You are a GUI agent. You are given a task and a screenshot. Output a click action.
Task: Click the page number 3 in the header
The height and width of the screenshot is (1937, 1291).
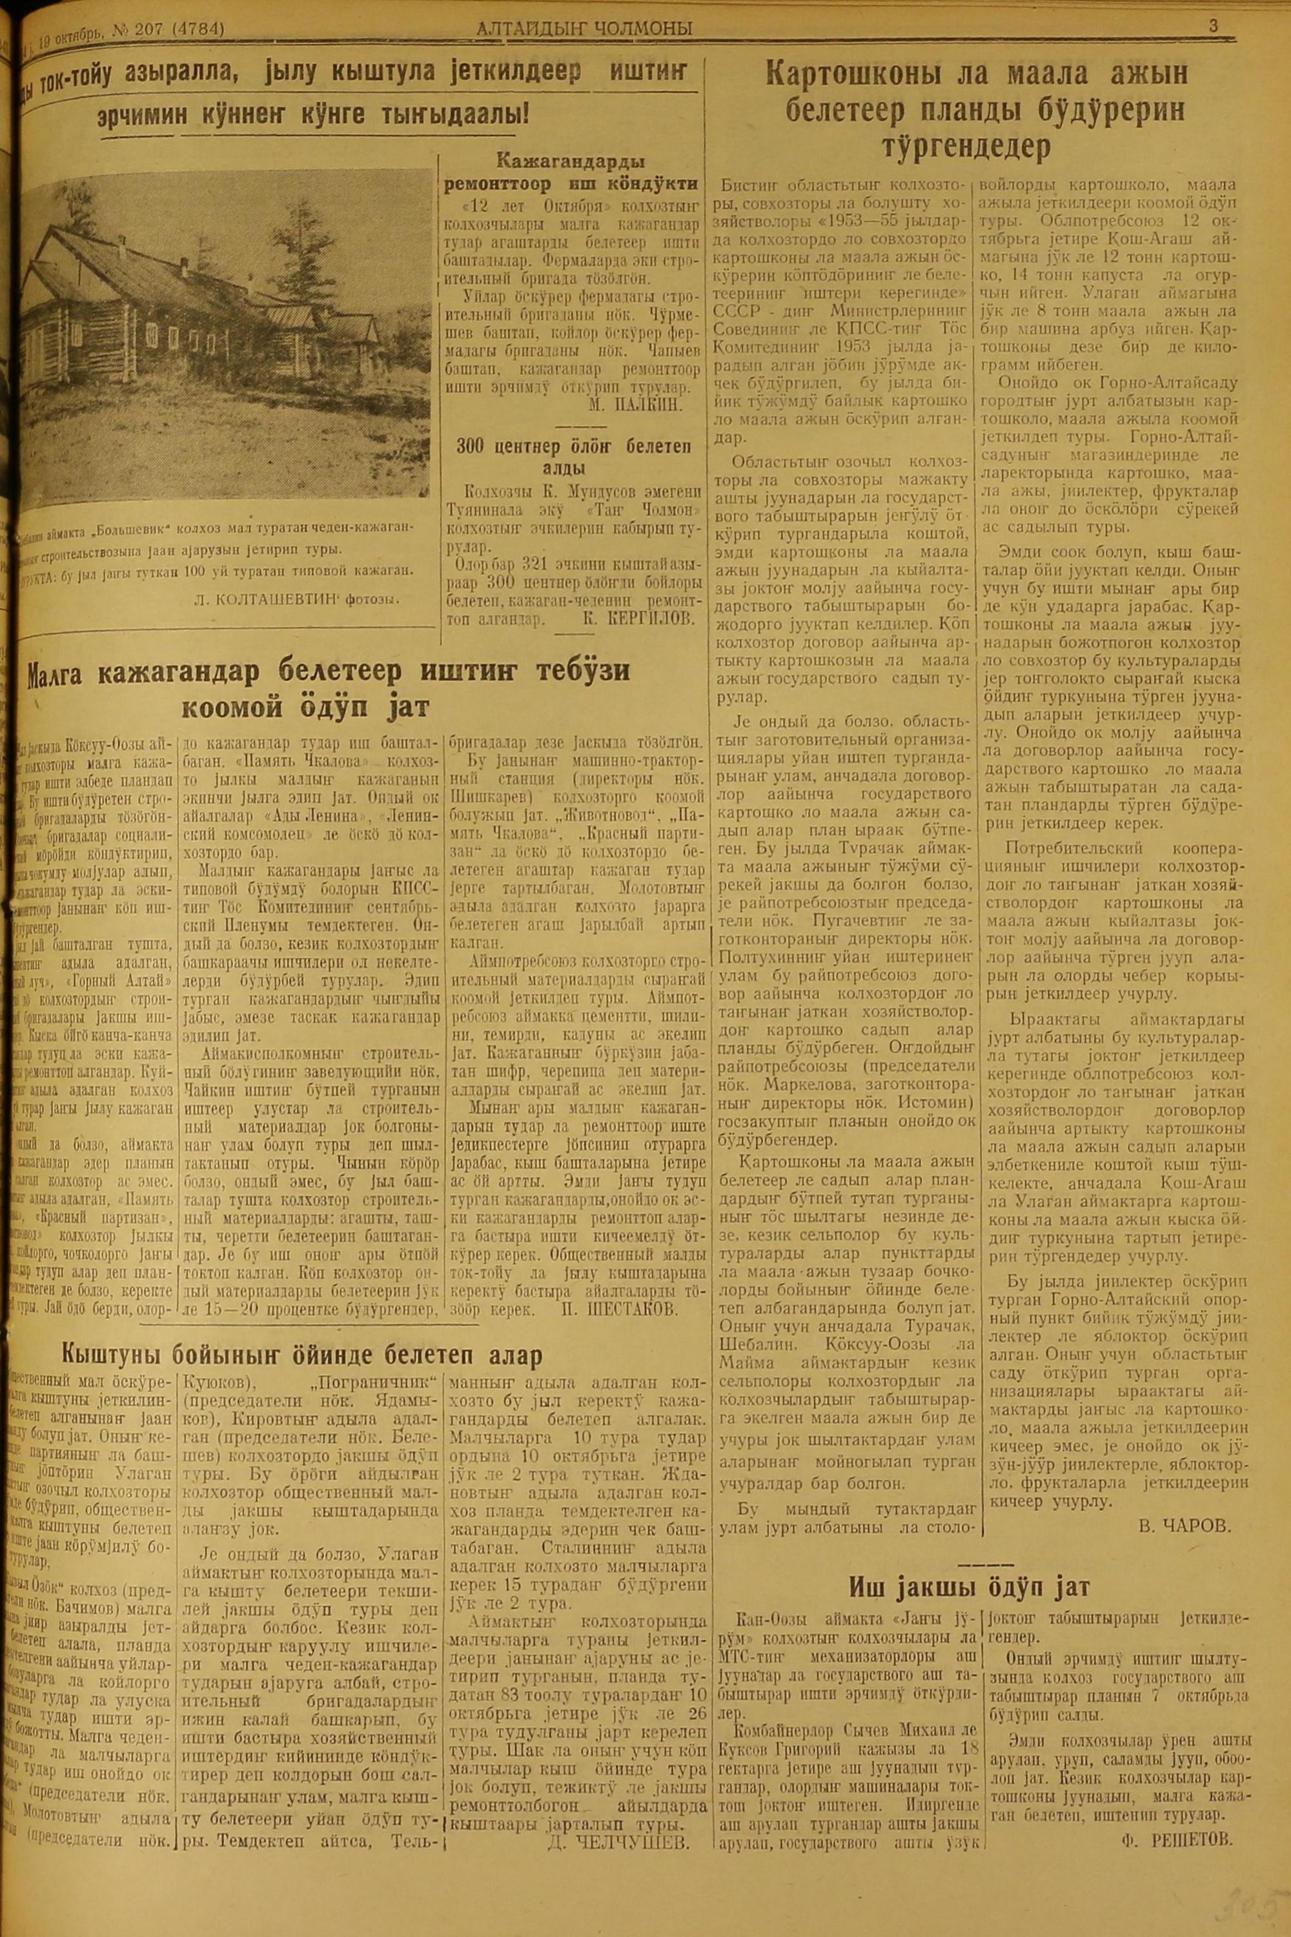click(x=1213, y=26)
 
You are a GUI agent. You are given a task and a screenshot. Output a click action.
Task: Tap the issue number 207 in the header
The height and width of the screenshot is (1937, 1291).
click(x=150, y=30)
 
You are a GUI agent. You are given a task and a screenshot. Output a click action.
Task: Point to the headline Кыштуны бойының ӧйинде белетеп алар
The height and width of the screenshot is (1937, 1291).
click(x=302, y=1355)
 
